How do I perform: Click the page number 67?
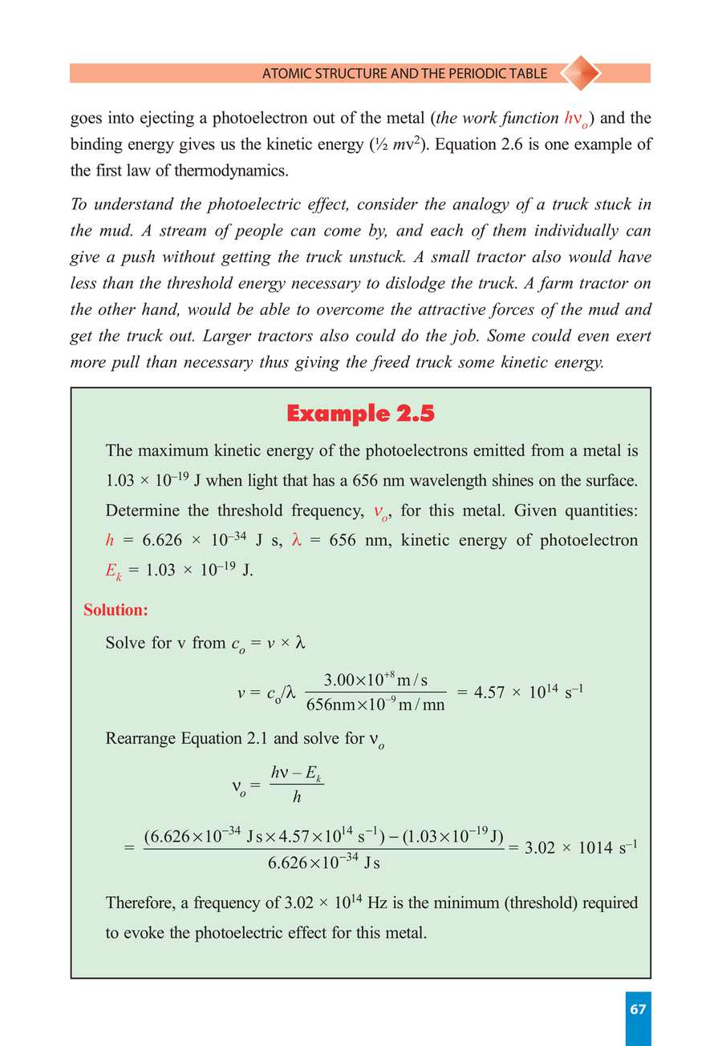[638, 1010]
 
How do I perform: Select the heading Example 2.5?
[360, 414]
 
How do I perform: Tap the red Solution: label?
[116, 610]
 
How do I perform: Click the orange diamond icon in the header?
[579, 73]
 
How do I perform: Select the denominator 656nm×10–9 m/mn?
[375, 705]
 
